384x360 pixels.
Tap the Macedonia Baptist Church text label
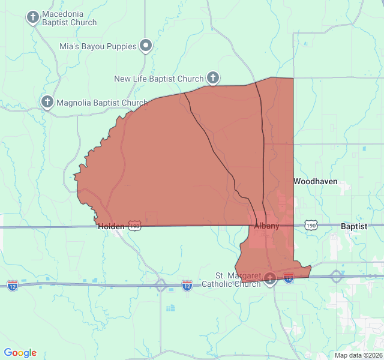(69, 18)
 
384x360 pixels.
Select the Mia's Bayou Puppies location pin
(146, 46)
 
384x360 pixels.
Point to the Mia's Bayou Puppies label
(97, 46)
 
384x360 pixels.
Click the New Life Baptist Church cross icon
(212, 77)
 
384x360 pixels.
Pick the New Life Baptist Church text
(159, 79)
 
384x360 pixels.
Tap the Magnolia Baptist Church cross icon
(47, 102)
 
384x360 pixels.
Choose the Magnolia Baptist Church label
(102, 103)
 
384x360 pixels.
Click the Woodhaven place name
(315, 181)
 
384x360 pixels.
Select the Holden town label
(111, 226)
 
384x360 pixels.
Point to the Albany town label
(266, 226)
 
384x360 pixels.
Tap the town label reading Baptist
(354, 226)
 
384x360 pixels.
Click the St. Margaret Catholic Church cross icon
(270, 278)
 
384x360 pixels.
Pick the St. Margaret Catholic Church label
(238, 280)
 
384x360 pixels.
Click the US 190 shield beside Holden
(134, 226)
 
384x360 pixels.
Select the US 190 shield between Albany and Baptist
(310, 226)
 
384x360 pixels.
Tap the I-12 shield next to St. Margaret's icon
(289, 277)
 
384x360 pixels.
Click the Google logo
(20, 353)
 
